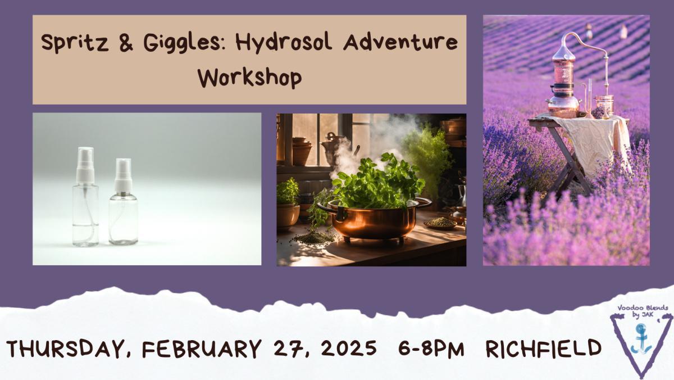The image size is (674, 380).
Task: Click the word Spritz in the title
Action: click(x=75, y=43)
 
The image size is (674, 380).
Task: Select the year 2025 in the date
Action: click(x=348, y=348)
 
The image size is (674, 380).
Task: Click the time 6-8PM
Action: click(x=431, y=349)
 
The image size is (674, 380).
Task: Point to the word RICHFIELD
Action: click(x=544, y=349)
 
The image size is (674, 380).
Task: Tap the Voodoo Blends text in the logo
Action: click(x=643, y=308)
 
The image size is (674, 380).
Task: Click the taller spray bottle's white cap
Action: click(x=85, y=165)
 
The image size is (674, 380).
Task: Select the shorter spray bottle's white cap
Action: click(x=124, y=176)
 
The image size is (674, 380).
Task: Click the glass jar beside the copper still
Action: click(x=604, y=106)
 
